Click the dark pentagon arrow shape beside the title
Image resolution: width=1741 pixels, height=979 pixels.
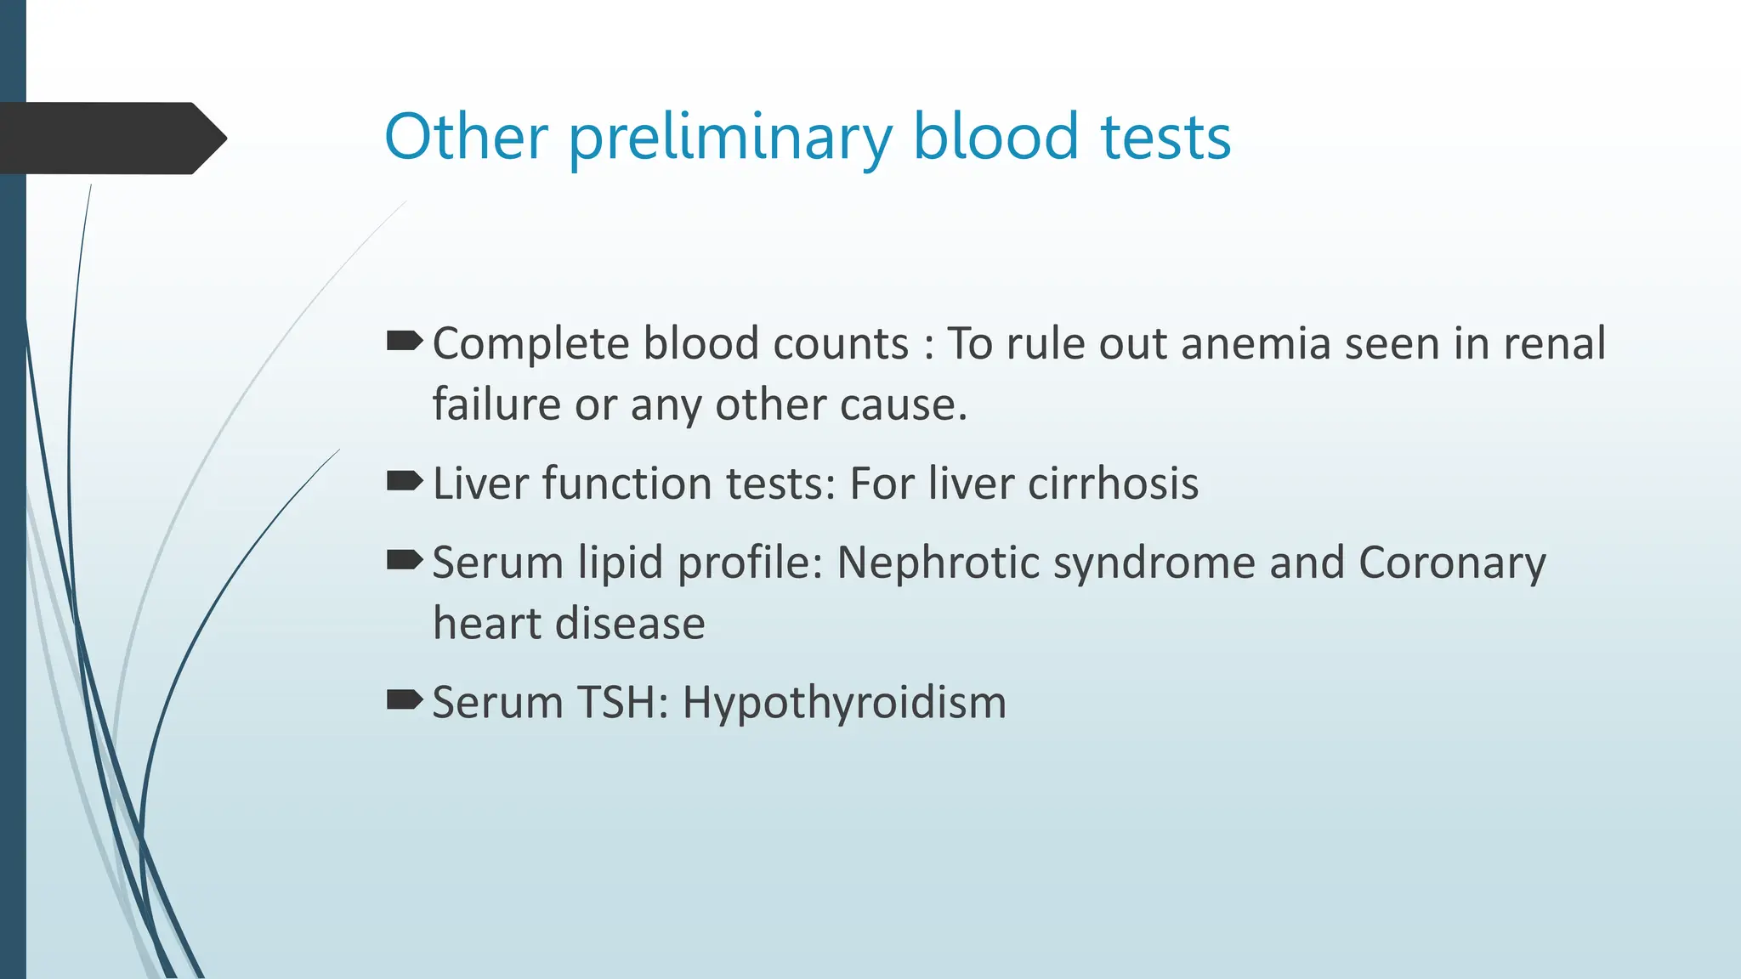pyautogui.click(x=111, y=138)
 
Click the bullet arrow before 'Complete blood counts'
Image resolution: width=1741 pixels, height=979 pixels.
pyautogui.click(x=404, y=342)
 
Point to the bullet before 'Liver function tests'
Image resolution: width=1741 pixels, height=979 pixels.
pyautogui.click(x=404, y=482)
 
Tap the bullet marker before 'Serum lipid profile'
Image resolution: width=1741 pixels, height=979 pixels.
pyautogui.click(x=404, y=561)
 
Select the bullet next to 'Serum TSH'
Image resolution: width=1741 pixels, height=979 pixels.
pyautogui.click(x=404, y=701)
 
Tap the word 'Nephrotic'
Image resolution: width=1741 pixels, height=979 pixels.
pyautogui.click(x=938, y=563)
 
